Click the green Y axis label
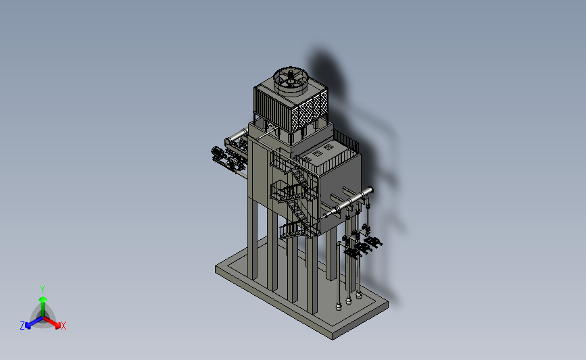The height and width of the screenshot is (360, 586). [x=42, y=290]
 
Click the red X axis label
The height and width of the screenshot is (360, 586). [x=63, y=326]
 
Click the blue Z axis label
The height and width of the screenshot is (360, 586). [x=22, y=326]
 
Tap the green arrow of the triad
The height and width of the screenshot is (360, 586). [x=43, y=307]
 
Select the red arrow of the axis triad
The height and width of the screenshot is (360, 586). [x=51, y=322]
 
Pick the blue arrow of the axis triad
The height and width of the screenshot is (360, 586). [x=34, y=322]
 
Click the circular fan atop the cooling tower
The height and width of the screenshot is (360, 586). [x=291, y=80]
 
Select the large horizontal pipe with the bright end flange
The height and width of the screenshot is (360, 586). [x=348, y=203]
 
